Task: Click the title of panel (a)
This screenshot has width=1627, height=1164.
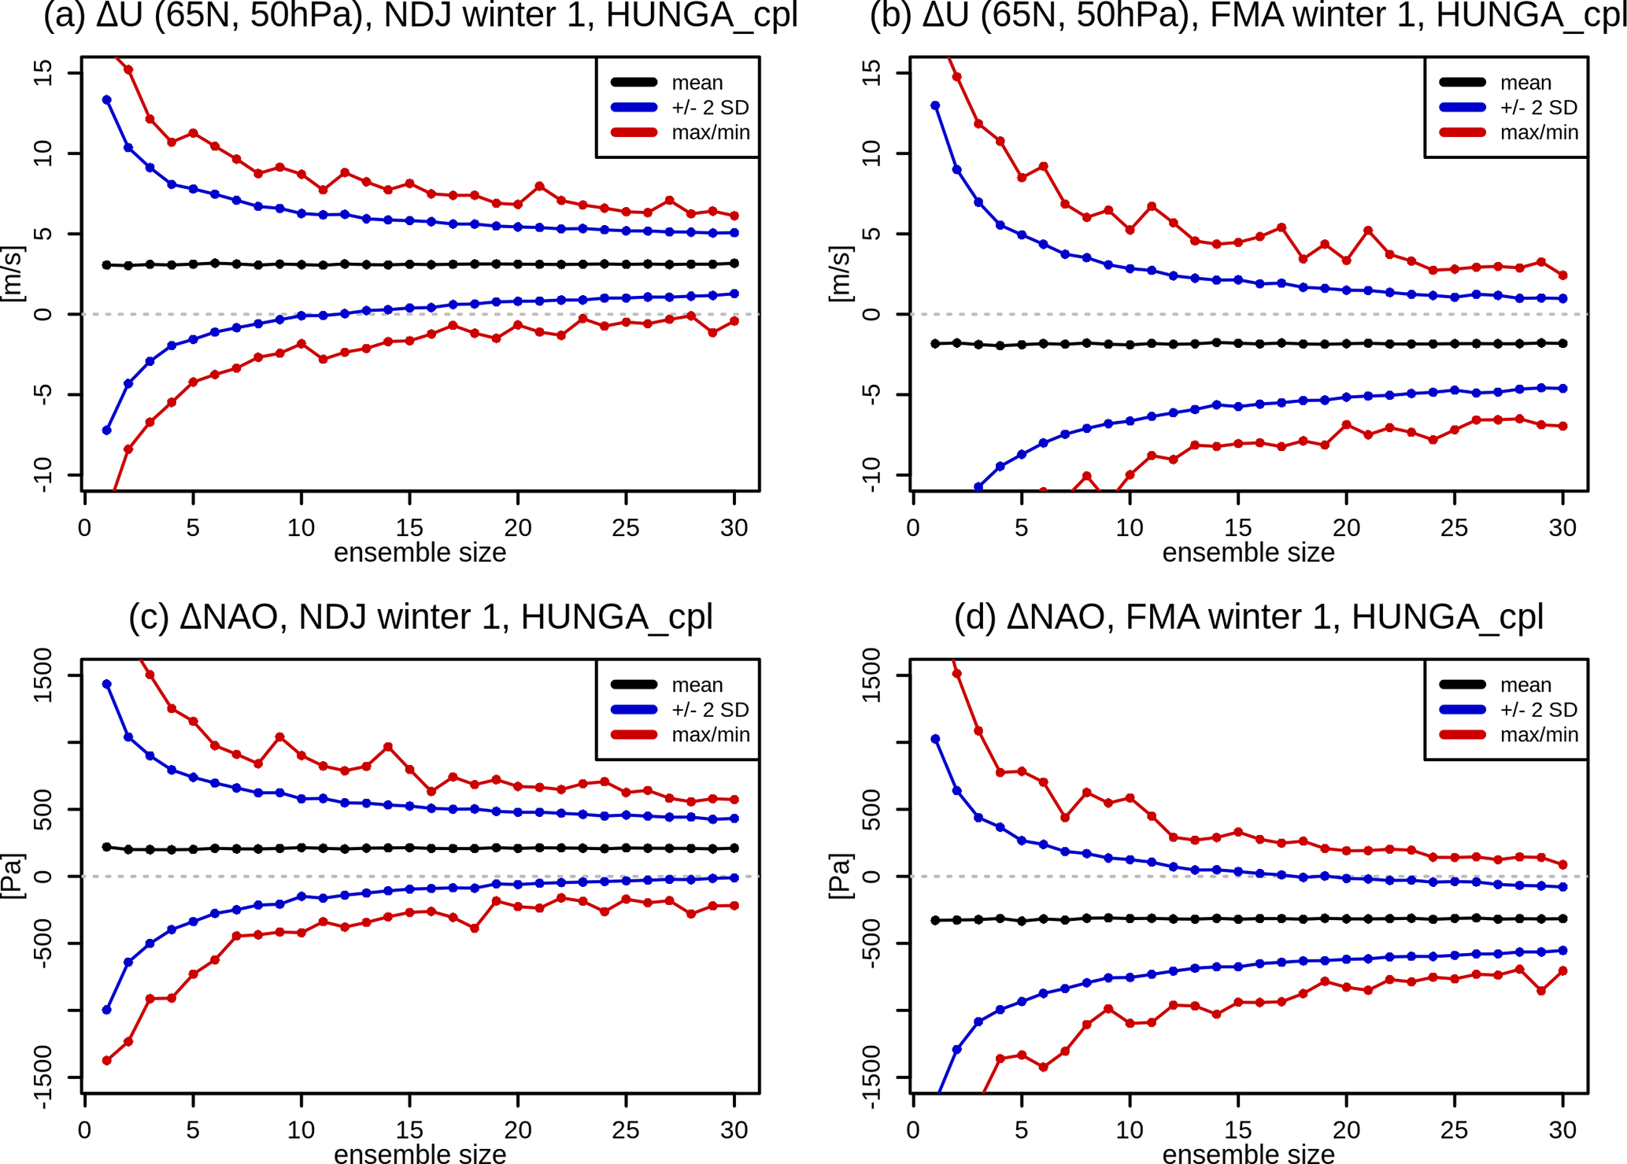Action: [420, 16]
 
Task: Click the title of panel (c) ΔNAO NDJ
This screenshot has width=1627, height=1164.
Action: [420, 617]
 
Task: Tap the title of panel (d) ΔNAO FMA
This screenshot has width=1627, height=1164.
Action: [1248, 617]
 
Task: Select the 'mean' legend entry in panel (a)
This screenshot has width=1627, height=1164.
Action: [697, 83]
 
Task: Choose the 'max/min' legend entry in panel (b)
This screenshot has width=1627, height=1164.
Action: [1539, 132]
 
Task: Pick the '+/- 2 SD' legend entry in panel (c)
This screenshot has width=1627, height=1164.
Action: [709, 710]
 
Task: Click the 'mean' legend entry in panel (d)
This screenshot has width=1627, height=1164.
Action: [1525, 685]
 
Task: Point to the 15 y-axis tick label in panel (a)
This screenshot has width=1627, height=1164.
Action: [44, 73]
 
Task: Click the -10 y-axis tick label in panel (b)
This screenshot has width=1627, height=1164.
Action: [872, 475]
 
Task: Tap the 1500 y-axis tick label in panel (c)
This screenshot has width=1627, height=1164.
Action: [44, 675]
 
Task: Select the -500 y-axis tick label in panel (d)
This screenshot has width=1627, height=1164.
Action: [872, 943]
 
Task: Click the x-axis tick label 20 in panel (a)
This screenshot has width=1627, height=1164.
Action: [517, 528]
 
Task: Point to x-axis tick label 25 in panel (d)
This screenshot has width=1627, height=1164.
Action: [1454, 1130]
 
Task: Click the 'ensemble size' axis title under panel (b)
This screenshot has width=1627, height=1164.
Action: [1248, 552]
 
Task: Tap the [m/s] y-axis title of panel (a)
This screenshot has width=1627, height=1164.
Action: [13, 274]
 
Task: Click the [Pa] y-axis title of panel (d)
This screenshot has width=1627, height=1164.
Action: [841, 876]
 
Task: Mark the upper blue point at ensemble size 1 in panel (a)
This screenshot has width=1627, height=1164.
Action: [107, 100]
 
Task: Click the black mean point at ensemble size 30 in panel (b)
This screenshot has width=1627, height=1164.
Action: [1562, 343]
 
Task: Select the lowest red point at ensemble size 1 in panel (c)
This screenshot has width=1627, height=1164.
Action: [107, 1060]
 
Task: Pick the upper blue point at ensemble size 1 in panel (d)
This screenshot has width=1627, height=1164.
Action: [935, 739]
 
